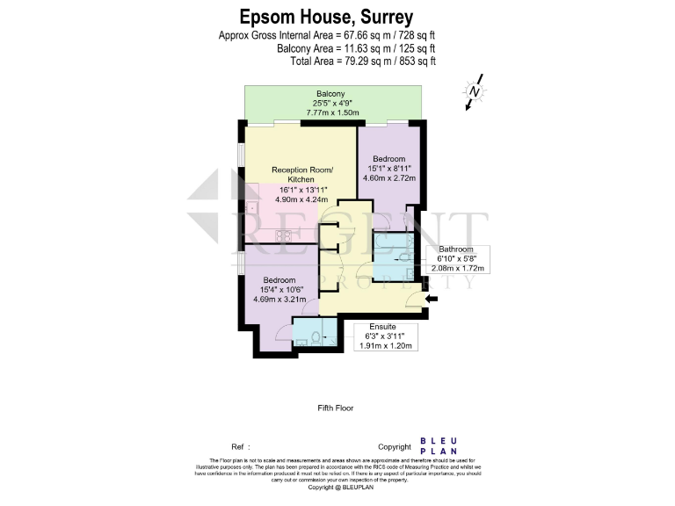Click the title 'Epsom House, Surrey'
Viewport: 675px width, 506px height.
[327, 17]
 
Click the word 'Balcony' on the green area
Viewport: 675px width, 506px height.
[330, 94]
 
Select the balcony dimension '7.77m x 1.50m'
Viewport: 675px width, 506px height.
[333, 113]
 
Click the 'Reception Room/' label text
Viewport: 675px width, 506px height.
[299, 170]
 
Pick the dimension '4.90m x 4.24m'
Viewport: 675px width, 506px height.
[299, 199]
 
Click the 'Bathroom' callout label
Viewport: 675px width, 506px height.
[456, 249]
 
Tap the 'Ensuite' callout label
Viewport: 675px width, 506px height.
[381, 325]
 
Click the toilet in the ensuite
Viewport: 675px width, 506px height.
[323, 337]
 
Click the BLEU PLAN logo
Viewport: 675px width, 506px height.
[438, 446]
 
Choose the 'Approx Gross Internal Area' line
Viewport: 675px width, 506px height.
[327, 35]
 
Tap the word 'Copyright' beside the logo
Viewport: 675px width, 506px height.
[395, 446]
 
